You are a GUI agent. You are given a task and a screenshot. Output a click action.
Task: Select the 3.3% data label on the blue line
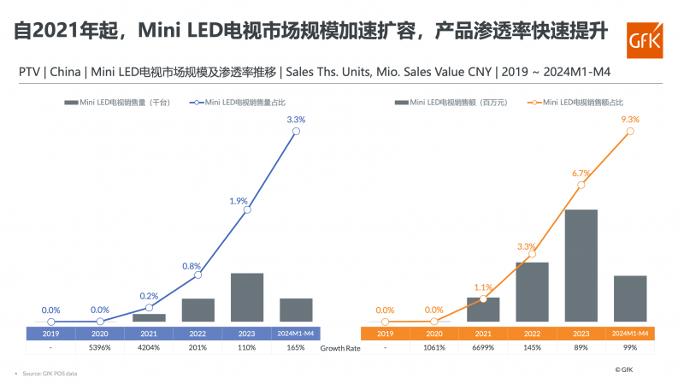[x=296, y=119]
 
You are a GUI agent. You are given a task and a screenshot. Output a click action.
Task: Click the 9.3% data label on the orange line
[x=631, y=119]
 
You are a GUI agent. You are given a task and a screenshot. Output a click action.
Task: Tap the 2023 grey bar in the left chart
[x=247, y=297]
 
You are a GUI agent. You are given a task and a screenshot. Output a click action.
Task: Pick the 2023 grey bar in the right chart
[x=581, y=265]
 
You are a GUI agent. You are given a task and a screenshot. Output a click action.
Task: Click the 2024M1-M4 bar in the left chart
[x=296, y=310]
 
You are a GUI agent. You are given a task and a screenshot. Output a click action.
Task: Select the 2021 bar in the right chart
[x=483, y=310]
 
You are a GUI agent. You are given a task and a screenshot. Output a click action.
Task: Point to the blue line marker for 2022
[x=198, y=275]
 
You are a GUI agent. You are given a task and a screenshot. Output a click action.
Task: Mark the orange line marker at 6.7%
[x=581, y=185]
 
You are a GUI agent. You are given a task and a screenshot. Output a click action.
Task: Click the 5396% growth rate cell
[x=100, y=347]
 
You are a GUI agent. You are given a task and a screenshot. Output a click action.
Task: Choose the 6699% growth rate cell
[x=483, y=347]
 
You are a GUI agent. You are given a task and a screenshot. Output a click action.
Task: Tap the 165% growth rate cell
[x=296, y=347]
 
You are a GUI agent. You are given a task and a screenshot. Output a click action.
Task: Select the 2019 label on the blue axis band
[x=50, y=333]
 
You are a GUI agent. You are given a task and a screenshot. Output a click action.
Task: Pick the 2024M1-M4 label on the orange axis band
[x=631, y=333]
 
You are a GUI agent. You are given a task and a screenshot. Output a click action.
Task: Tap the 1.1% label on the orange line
[x=484, y=287]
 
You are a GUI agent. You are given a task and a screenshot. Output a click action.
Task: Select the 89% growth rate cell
[x=581, y=347]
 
